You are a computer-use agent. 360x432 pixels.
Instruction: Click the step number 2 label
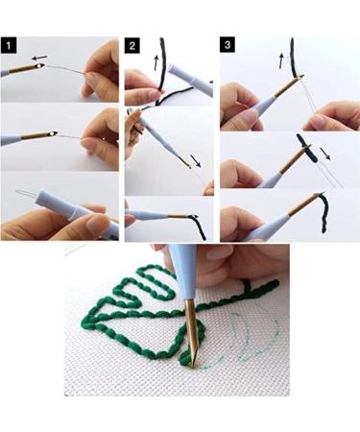click(x=133, y=45)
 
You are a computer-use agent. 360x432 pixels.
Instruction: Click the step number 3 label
click(x=228, y=45)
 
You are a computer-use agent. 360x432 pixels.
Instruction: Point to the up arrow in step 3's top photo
click(x=281, y=60)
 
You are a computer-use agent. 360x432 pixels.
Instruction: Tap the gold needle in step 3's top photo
click(x=287, y=88)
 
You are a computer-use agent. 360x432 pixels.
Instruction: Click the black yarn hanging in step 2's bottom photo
click(x=200, y=228)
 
